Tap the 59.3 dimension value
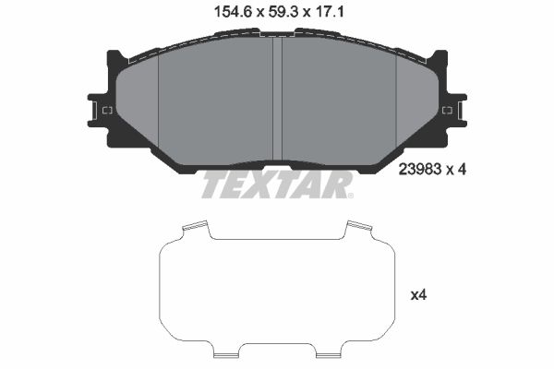pyautogui.click(x=279, y=12)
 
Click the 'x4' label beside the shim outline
pyautogui.click(x=418, y=295)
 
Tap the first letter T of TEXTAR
pyautogui.click(x=213, y=184)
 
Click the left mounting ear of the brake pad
pyautogui.click(x=100, y=110)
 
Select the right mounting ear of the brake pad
pyautogui.click(x=453, y=110)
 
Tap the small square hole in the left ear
pyautogui.click(x=106, y=111)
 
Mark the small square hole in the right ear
pyautogui.click(x=447, y=111)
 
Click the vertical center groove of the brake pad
pyautogui.click(x=276, y=101)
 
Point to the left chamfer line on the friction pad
pyautogui.click(x=159, y=101)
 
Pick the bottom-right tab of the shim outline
pyautogui.click(x=331, y=351)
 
